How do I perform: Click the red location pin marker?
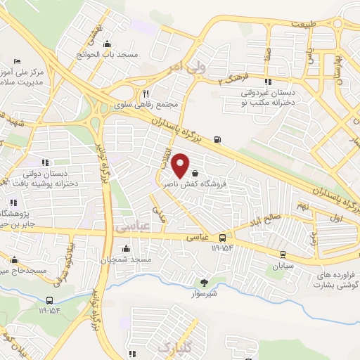pyautogui.click(x=181, y=165)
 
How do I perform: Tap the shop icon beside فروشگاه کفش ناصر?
pyautogui.click(x=195, y=172)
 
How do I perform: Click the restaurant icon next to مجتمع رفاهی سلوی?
pyautogui.click(x=146, y=94)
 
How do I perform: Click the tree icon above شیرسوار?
pyautogui.click(x=204, y=283)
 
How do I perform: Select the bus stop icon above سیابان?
pyautogui.click(x=283, y=255)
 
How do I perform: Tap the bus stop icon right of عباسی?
pyautogui.click(x=222, y=238)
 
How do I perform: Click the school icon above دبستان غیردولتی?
pyautogui.click(x=267, y=78)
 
